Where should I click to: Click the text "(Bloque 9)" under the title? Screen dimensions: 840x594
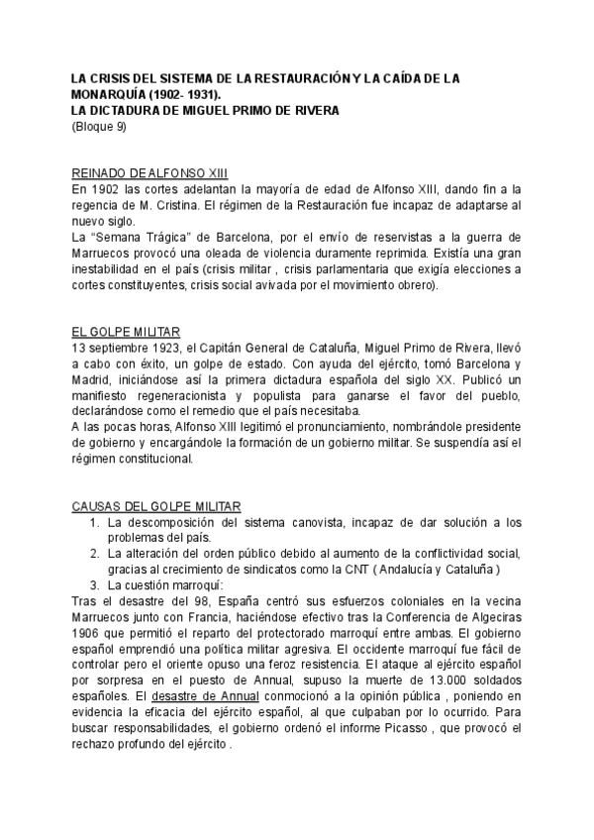click(100, 126)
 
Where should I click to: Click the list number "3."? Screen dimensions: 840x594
click(96, 585)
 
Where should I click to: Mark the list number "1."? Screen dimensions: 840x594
click(96, 522)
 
